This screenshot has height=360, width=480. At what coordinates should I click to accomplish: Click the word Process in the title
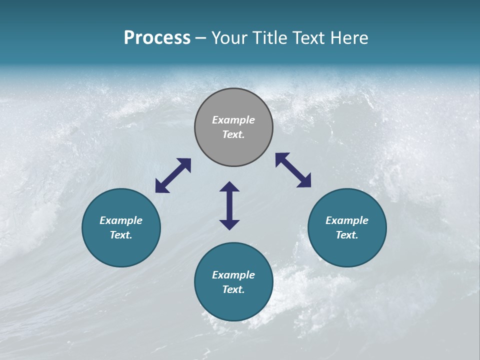[x=157, y=38]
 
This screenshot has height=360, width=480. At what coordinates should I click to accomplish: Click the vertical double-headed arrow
[x=229, y=205]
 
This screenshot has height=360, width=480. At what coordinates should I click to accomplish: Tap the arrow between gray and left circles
[x=173, y=175]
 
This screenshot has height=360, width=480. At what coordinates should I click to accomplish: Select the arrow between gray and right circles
[x=293, y=170]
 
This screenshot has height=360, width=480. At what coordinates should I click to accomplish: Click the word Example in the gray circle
[x=233, y=120]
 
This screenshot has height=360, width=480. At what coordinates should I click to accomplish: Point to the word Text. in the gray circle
[x=233, y=134]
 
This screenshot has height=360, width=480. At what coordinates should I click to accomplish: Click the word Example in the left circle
[x=121, y=220]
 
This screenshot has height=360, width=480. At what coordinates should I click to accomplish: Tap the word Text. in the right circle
[x=347, y=235]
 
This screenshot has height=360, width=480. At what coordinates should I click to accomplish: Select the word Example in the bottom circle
[x=233, y=275]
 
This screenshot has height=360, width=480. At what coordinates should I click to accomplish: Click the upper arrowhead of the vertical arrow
[x=229, y=187]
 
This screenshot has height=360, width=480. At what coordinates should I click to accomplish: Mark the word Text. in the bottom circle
[x=233, y=289]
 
